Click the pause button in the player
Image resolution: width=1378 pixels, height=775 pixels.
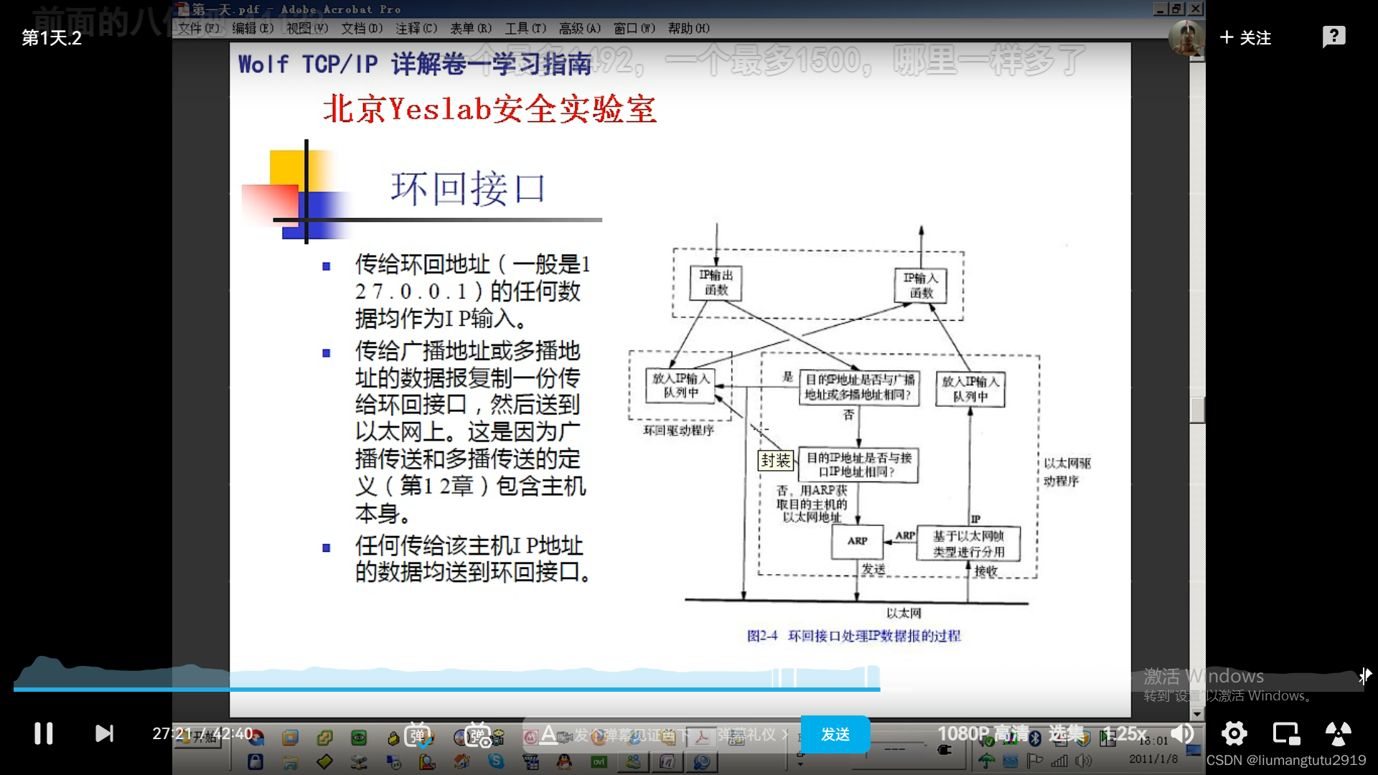click(44, 733)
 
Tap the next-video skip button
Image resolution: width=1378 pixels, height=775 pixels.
click(105, 733)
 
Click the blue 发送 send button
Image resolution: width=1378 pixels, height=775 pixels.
click(835, 734)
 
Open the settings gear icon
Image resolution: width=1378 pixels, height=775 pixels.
click(1234, 733)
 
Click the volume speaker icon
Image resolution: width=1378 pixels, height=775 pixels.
click(1182, 733)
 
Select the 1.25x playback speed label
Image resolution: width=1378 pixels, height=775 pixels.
click(1125, 733)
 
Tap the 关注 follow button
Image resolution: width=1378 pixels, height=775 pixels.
click(1246, 37)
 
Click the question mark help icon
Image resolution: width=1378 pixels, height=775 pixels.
click(1334, 37)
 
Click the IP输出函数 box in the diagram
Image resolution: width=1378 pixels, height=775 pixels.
click(716, 283)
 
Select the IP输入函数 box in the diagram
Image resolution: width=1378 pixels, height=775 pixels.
click(921, 285)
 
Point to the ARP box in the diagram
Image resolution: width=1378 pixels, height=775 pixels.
click(857, 541)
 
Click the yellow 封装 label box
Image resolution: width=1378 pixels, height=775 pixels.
click(776, 460)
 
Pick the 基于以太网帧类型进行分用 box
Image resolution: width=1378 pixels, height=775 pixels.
click(968, 544)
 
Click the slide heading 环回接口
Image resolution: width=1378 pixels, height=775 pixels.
click(468, 189)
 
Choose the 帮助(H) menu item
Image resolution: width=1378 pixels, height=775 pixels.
click(688, 28)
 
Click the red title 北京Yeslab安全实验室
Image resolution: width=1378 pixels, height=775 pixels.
click(489, 109)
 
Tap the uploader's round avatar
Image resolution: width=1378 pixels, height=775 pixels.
click(1186, 37)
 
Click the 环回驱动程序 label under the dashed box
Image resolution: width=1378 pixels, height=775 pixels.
click(678, 431)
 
